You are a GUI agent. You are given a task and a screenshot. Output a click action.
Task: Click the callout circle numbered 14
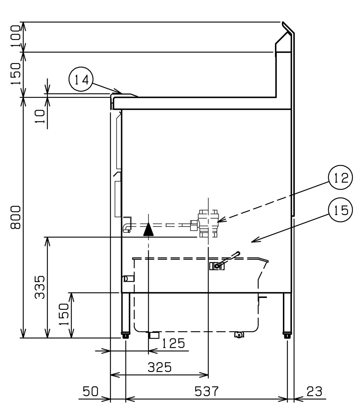(81, 79)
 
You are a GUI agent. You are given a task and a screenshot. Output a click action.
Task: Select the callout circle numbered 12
(340, 177)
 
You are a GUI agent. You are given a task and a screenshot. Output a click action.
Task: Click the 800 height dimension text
(15, 217)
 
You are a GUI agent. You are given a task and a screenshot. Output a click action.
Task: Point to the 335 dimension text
(40, 287)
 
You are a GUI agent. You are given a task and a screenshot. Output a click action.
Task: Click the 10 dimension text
(40, 116)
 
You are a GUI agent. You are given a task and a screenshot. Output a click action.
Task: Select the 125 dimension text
(173, 343)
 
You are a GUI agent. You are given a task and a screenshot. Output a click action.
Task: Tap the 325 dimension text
(160, 367)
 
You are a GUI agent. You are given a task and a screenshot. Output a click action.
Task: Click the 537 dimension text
(207, 391)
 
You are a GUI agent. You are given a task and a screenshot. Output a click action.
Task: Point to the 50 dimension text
(90, 391)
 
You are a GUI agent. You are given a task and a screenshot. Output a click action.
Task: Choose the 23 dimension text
(315, 391)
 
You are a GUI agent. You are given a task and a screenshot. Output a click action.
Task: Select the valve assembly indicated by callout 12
(205, 224)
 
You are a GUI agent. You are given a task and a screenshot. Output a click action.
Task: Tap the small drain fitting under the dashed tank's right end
(239, 335)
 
